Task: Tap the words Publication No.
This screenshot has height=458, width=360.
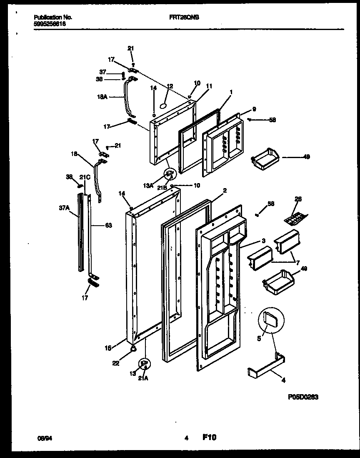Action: click(52, 18)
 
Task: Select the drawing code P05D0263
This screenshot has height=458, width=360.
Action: click(303, 398)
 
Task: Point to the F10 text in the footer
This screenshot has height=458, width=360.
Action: click(209, 438)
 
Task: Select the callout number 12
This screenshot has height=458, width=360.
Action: click(170, 86)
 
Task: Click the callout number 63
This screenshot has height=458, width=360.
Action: click(108, 226)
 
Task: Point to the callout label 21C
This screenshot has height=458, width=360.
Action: click(85, 177)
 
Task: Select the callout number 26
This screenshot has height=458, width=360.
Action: click(298, 199)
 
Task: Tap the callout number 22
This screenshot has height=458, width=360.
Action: click(116, 363)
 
